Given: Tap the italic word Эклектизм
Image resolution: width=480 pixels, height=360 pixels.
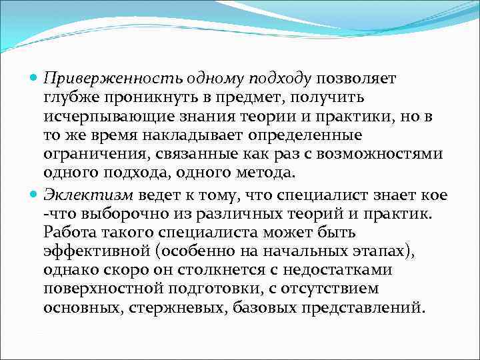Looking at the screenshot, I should click(87, 195).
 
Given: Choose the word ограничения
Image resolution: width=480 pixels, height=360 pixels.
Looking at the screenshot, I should click(88, 155).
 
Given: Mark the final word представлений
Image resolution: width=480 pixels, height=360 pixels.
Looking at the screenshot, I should click(362, 309).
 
